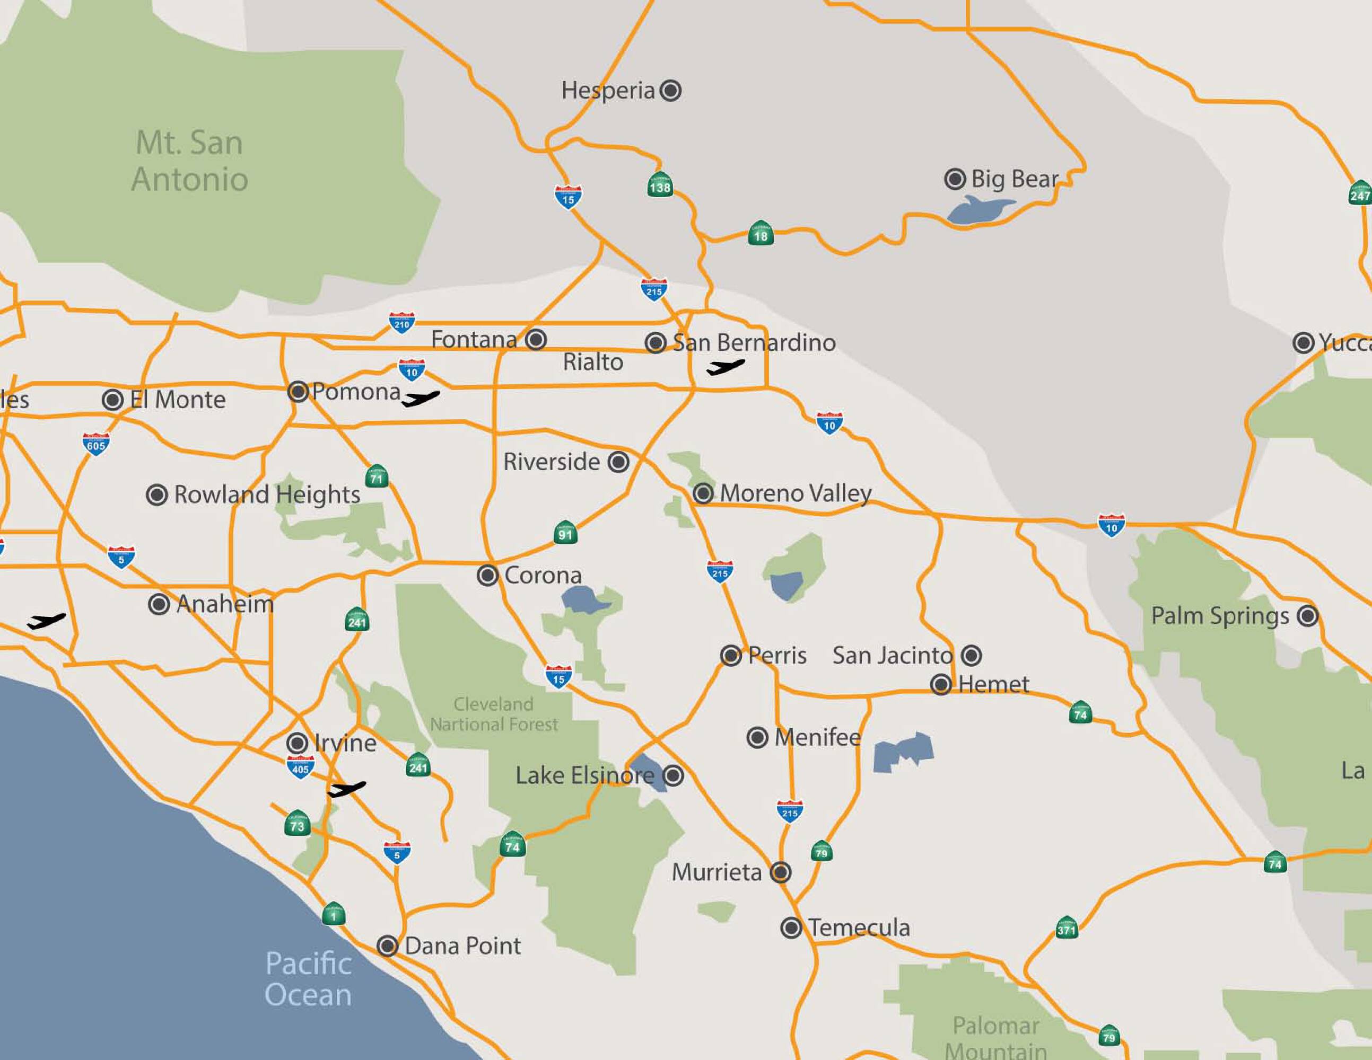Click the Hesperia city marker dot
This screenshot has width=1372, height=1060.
[671, 91]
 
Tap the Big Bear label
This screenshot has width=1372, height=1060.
[1014, 179]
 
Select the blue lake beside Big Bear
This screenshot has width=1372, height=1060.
[977, 210]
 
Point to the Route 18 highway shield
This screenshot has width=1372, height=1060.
[761, 234]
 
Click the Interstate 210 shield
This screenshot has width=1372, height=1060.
[401, 323]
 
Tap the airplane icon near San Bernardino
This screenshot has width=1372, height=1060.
[725, 367]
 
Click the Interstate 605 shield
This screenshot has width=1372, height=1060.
[96, 444]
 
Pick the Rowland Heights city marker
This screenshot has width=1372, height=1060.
[156, 495]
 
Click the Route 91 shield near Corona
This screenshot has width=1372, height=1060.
[565, 533]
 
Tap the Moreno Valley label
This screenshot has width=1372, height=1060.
[796, 493]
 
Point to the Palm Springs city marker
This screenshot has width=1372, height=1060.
[1307, 615]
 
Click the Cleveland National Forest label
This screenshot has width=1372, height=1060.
[494, 714]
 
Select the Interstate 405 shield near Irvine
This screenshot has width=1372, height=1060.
[300, 767]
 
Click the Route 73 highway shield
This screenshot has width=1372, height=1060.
[297, 824]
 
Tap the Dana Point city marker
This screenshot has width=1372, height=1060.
[388, 946]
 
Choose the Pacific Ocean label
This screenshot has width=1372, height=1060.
[308, 979]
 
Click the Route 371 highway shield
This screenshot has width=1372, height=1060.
[1067, 928]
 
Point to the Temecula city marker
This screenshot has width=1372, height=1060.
[791, 927]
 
